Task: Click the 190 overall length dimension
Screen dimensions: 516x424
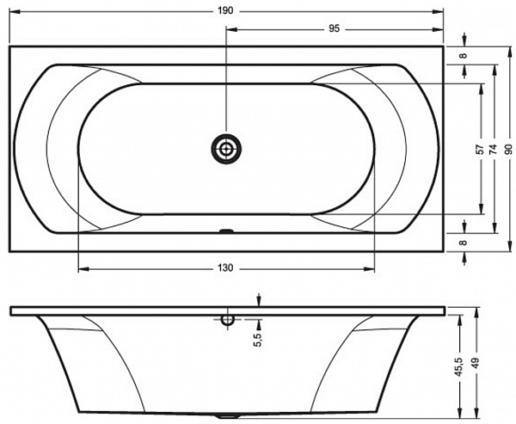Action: click(225, 11)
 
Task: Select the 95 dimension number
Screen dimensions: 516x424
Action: click(334, 29)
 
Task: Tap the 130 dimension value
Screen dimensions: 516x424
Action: click(225, 268)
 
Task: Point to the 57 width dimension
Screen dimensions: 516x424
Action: click(481, 149)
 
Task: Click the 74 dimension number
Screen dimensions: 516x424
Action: click(493, 149)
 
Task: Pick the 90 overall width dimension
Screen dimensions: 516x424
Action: click(509, 149)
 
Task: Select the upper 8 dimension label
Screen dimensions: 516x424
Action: click(464, 55)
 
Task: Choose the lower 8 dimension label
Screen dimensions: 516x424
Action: click(464, 243)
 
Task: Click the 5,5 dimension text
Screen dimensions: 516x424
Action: click(258, 340)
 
